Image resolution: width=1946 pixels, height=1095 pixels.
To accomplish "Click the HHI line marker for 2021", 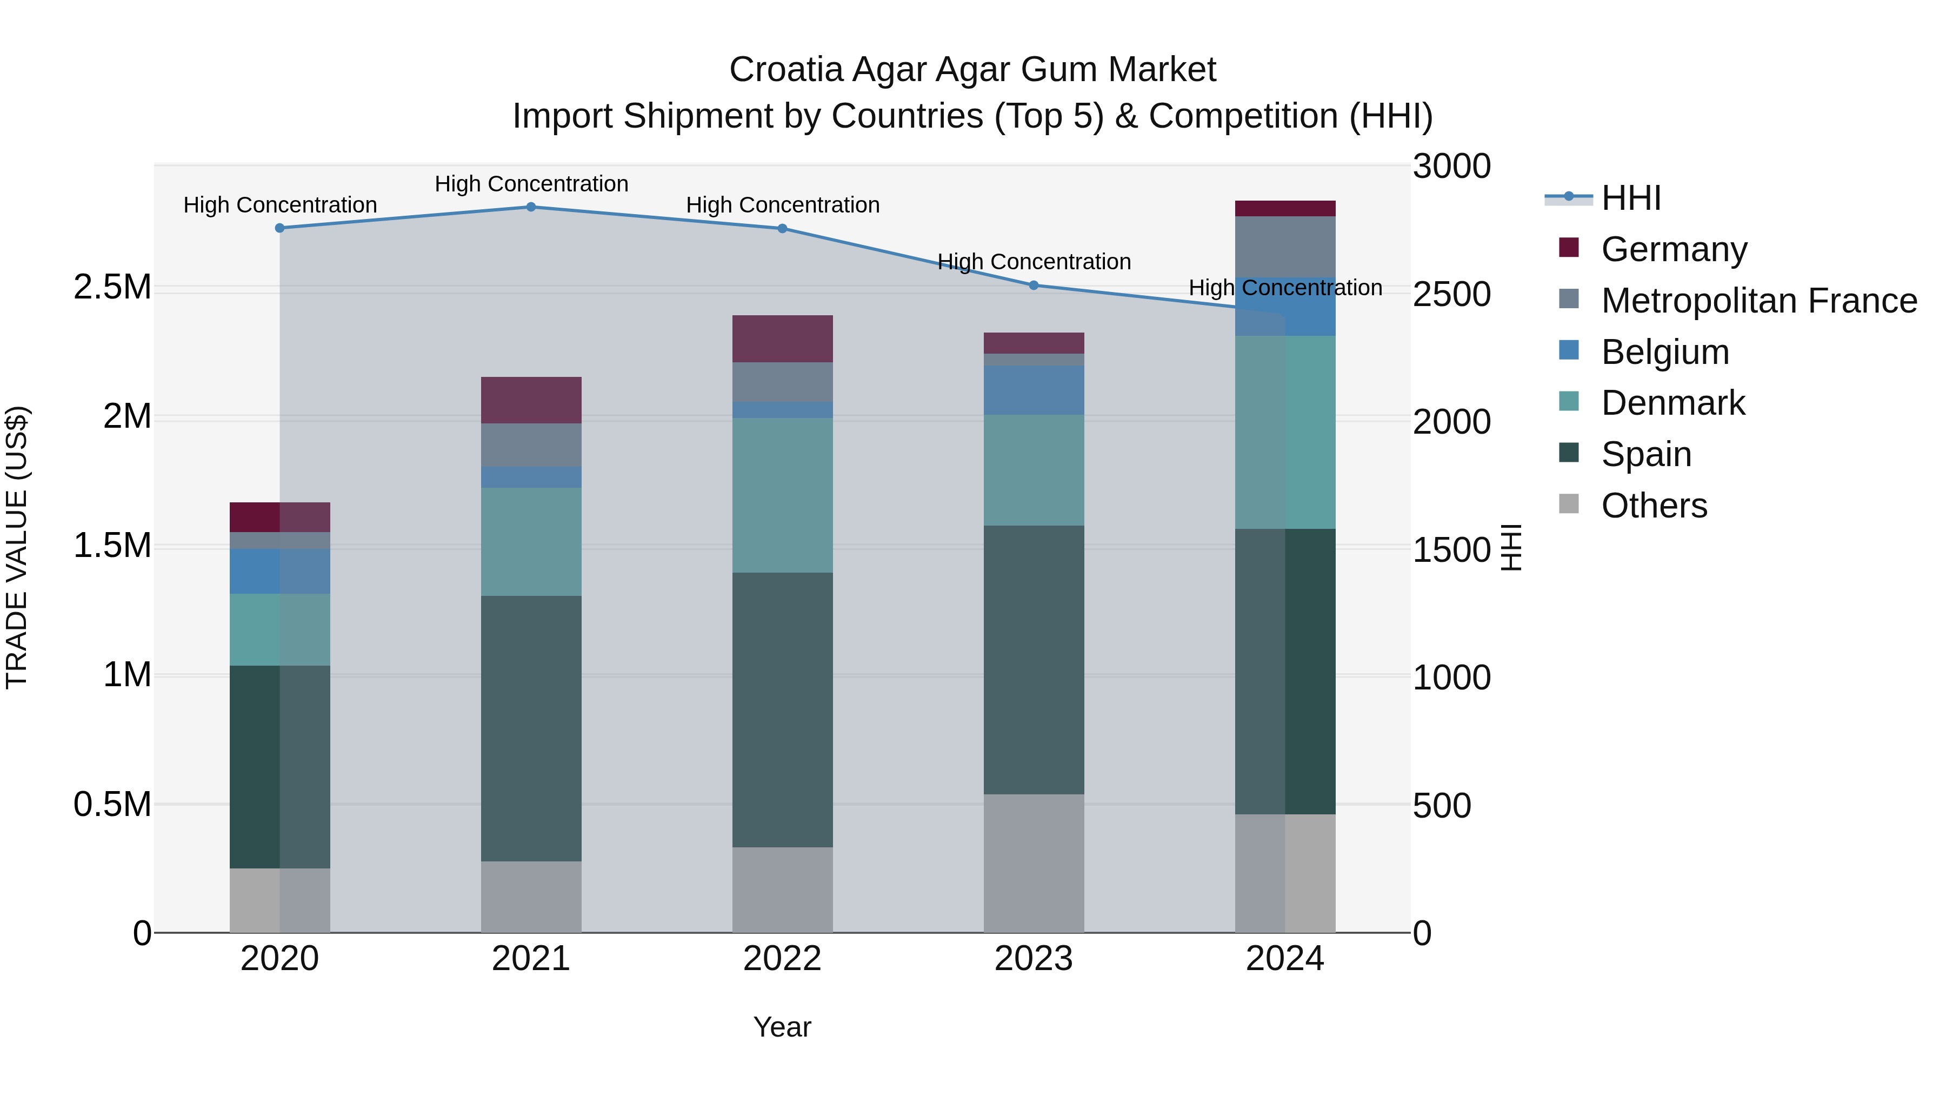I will pyautogui.click(x=530, y=207).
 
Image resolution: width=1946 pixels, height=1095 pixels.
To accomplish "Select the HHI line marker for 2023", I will pyautogui.click(x=1034, y=285).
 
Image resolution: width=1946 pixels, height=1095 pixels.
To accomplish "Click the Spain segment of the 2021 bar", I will pyautogui.click(x=530, y=728).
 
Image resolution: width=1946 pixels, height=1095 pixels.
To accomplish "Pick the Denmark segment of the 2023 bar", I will pyautogui.click(x=1034, y=469).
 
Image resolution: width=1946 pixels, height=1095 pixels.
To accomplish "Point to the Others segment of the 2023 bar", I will pyautogui.click(x=1034, y=863).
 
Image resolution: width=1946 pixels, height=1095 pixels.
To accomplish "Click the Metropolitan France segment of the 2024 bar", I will pyautogui.click(x=1284, y=247).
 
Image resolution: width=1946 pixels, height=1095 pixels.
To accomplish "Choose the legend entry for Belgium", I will pyautogui.click(x=1664, y=352).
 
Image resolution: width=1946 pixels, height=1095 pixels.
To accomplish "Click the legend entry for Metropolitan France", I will pyautogui.click(x=1758, y=301).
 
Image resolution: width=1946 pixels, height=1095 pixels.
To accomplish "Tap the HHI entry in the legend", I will pyautogui.click(x=1630, y=198).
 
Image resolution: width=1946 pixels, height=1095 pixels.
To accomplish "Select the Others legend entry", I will pyautogui.click(x=1653, y=506).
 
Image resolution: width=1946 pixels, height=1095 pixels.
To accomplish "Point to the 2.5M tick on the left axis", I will pyautogui.click(x=112, y=287).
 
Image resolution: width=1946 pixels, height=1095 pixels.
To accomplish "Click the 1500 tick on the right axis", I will pyautogui.click(x=1451, y=549).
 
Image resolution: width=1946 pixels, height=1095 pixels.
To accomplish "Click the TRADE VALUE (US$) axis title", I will pyautogui.click(x=17, y=547).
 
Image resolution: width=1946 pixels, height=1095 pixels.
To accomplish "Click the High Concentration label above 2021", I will pyautogui.click(x=531, y=184).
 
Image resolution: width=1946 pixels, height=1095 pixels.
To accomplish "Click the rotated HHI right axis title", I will pyautogui.click(x=1510, y=547).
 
